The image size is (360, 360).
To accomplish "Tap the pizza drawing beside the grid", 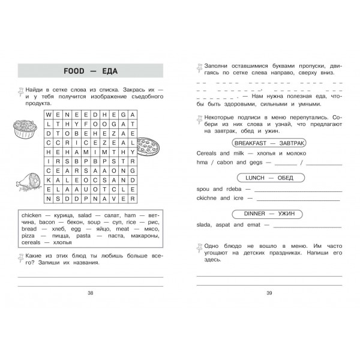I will pos(145,146).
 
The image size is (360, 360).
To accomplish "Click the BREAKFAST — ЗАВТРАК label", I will pos(266,143).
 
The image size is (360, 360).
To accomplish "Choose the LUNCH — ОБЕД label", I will pos(266,178).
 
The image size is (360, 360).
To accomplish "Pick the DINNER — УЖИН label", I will pos(266,214).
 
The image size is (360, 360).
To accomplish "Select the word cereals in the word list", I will pos(31,244).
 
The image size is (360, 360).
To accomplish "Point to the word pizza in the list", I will pos(29,236).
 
